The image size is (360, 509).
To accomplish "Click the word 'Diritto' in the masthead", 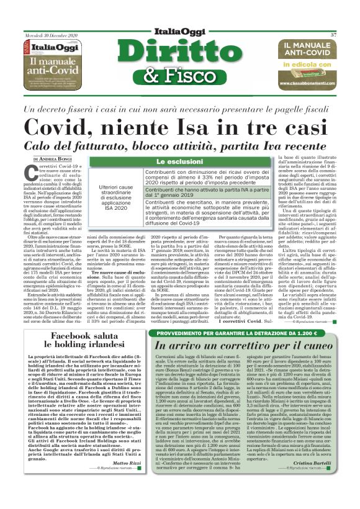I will [180, 54].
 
